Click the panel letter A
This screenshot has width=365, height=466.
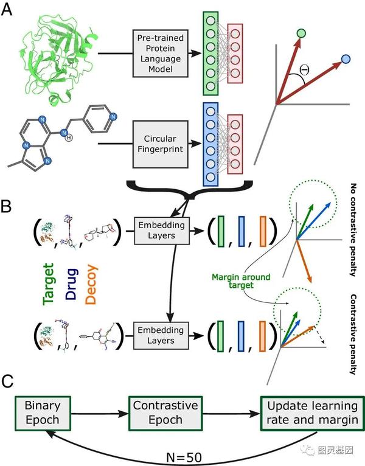coord(9,10)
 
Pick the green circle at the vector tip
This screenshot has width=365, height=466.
coord(301,32)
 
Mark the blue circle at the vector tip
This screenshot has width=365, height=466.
coord(346,58)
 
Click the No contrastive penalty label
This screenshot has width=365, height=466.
coord(353,229)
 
